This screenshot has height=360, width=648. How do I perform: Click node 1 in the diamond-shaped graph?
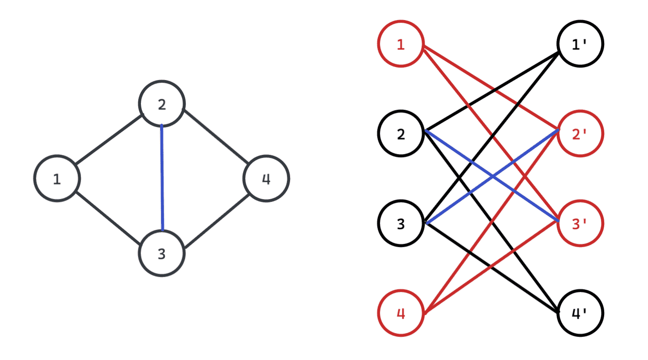tap(57, 178)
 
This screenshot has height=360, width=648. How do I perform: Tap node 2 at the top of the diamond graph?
tap(162, 103)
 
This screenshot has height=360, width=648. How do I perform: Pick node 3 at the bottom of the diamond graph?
tap(162, 253)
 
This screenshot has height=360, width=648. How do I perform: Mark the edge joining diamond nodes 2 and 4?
tap(215, 136)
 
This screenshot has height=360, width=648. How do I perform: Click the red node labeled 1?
tap(401, 44)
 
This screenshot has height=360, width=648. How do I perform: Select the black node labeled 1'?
tap(580, 44)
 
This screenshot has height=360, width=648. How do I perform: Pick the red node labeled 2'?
tap(580, 133)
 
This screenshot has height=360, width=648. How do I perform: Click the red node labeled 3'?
tap(580, 223)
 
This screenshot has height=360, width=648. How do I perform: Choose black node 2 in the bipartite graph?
tap(401, 133)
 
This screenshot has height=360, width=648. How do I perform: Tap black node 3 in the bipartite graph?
tap(401, 223)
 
